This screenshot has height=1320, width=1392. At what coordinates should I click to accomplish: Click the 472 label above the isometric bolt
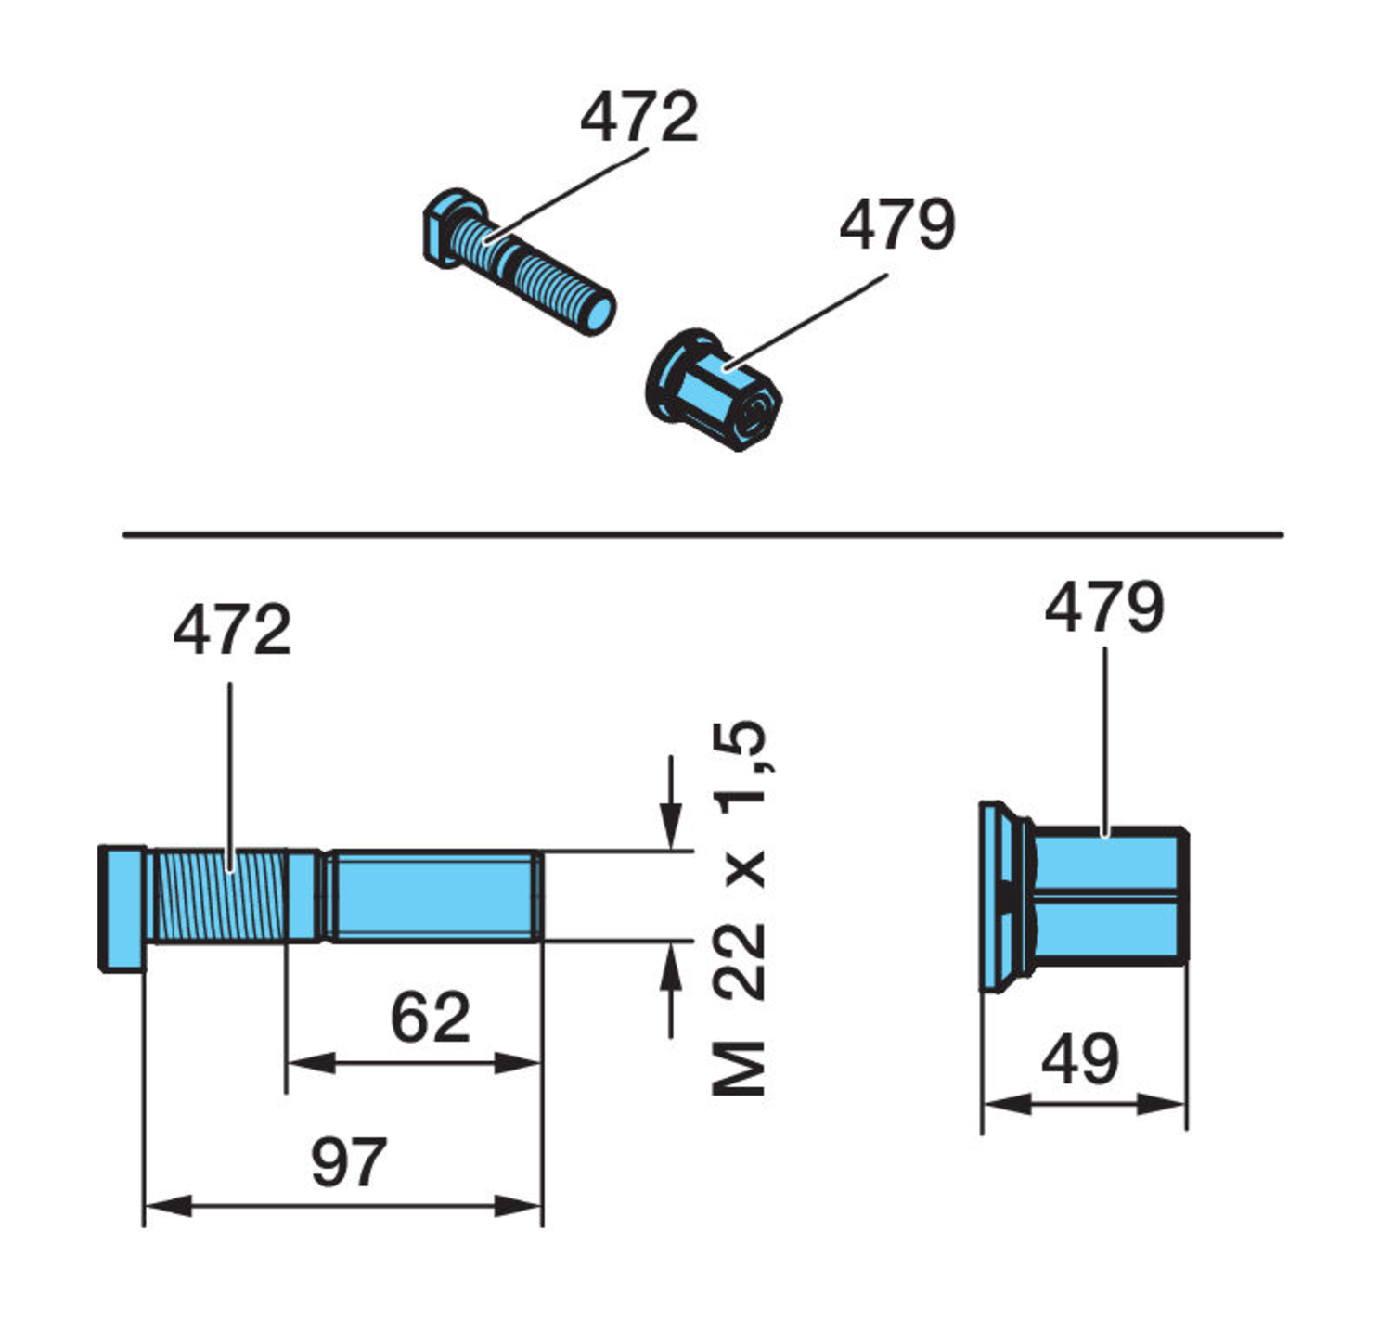tap(638, 118)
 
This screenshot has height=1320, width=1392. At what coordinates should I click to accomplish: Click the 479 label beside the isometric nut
tap(896, 224)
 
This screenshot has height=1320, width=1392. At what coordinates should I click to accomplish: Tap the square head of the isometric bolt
tap(443, 228)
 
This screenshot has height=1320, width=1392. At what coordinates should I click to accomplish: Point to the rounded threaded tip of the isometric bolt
tap(595, 311)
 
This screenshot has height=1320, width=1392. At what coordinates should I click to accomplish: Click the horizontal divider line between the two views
tap(702, 534)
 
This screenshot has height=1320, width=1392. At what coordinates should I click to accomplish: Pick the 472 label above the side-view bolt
tap(232, 630)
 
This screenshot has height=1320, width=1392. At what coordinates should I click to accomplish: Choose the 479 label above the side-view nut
tap(1103, 608)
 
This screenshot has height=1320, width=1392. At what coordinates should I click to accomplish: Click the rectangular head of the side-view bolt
tap(122, 908)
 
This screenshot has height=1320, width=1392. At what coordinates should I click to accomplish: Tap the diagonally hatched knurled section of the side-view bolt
tap(218, 896)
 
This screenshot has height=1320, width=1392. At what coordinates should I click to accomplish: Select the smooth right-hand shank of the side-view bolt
tap(432, 896)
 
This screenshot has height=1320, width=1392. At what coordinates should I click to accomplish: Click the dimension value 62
tap(430, 1018)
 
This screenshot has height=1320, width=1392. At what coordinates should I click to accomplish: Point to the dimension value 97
tap(348, 1162)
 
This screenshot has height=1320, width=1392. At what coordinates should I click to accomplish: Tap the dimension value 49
tap(1080, 1060)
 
